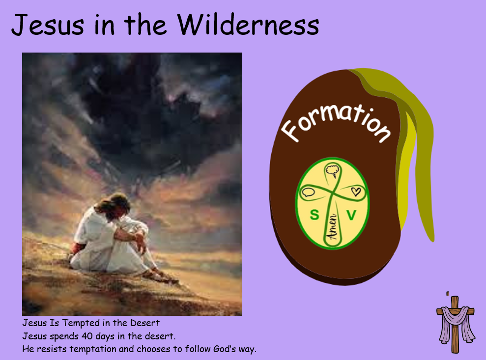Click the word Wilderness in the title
coord(248,24)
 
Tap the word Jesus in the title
coord(48,25)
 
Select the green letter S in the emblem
coord(314,215)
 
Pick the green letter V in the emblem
coord(351,215)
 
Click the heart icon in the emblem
coord(356,191)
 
